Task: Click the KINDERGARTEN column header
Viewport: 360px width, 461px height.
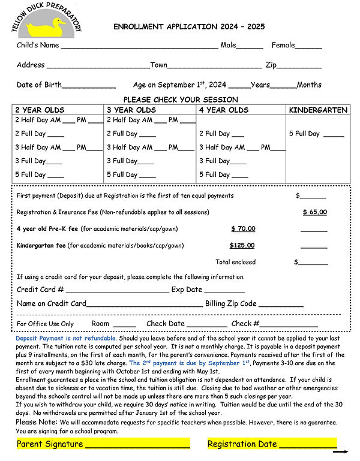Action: coord(318,110)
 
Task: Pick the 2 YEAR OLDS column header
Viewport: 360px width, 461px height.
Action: coord(40,110)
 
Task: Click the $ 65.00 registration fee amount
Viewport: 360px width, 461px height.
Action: coord(314,212)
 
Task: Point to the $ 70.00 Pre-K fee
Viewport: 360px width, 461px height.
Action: coord(243,228)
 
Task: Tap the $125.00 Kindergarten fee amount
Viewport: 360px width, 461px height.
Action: coord(242,245)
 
